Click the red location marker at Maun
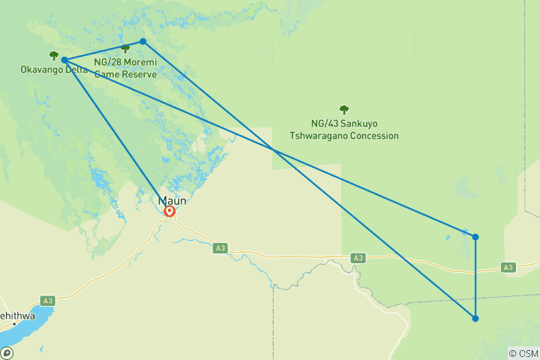[x=169, y=211]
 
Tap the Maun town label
[x=172, y=200]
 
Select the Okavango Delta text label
[x=54, y=70]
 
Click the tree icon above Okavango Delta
[x=53, y=55]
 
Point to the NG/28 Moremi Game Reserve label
[x=125, y=67]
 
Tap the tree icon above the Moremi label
[x=125, y=49]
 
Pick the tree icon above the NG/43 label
[x=344, y=109]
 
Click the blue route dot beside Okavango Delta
[x=64, y=60]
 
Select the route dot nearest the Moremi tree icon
[x=142, y=41]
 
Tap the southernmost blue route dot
[x=475, y=319]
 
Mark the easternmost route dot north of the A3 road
[x=475, y=237]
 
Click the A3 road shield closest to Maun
[x=219, y=247]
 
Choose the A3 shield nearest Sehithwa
[x=48, y=301]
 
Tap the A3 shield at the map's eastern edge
[x=508, y=267]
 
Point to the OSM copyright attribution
[x=523, y=353]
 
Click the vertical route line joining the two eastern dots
[x=475, y=277]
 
